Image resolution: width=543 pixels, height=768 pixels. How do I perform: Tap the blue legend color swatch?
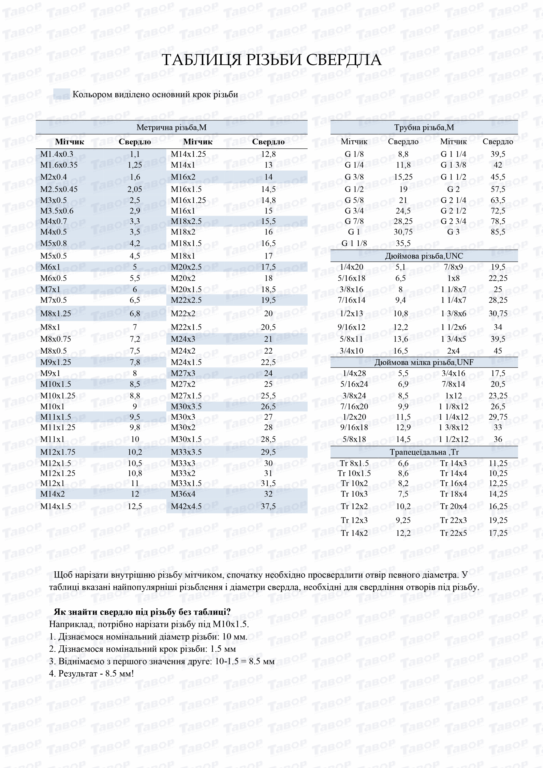pyautogui.click(x=62, y=94)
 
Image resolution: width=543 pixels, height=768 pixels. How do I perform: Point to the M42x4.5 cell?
pyautogui.click(x=186, y=506)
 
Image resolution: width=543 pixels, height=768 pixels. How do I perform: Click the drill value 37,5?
pyautogui.click(x=268, y=506)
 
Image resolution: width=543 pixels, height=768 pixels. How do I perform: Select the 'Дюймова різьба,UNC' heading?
pyautogui.click(x=424, y=256)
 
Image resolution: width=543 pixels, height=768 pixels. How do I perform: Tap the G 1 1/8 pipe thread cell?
pyautogui.click(x=354, y=243)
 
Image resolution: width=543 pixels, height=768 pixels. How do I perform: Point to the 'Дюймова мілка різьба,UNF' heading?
pyautogui.click(x=424, y=363)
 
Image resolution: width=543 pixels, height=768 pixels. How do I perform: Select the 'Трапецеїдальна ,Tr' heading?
pyautogui.click(x=424, y=452)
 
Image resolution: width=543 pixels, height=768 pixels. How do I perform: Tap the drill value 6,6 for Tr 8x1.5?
pyautogui.click(x=403, y=463)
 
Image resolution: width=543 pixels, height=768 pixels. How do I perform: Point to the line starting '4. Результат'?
pyautogui.click(x=91, y=673)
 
